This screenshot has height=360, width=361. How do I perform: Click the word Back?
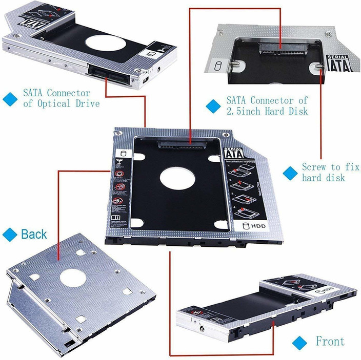[34, 235]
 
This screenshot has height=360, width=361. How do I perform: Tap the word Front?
[330, 341]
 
